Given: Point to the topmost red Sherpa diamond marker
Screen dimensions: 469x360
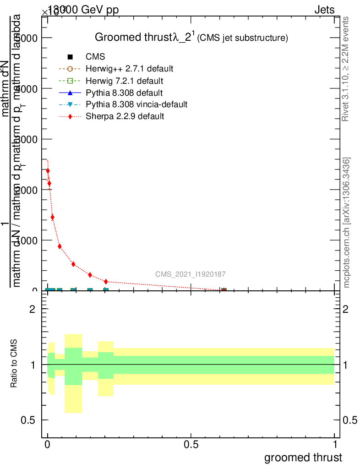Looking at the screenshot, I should point(48,171).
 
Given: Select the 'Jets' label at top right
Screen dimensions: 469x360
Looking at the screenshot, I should point(324,10).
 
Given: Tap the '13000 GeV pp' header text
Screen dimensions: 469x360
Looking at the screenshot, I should point(83,10).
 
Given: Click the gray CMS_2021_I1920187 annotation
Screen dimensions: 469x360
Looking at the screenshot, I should point(190,274).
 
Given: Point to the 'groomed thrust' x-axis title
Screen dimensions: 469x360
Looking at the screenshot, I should point(303,458).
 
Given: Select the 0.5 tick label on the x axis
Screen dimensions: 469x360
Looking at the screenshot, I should point(191,445).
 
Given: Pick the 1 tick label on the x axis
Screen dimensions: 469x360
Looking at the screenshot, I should point(335,445).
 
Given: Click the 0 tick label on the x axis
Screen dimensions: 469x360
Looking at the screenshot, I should point(48,445).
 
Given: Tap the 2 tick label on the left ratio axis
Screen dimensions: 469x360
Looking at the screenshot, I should point(33,309).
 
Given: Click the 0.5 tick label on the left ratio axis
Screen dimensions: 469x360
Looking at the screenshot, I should point(28,420).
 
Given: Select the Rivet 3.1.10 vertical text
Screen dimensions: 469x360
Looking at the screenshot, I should point(346,69).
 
